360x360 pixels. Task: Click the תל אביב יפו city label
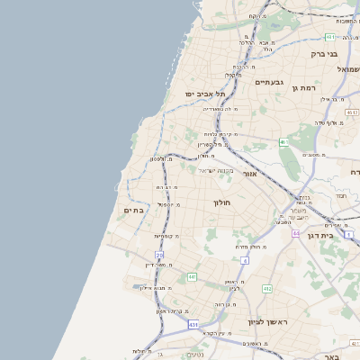pos(206,94)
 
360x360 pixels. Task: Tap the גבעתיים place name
pos(270,82)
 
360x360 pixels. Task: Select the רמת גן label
pos(304,87)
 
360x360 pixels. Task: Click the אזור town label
pos(250,173)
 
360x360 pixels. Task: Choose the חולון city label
pos(222,202)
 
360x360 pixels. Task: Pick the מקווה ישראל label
pos(216,170)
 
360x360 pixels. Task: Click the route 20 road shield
pos(159,256)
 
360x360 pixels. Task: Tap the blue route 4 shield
pos(243,259)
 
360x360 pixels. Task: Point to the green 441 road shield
pos(192,277)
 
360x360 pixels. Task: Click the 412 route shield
pos(266,289)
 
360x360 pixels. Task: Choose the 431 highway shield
pos(193,323)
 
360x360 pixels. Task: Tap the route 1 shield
pos(348,234)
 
